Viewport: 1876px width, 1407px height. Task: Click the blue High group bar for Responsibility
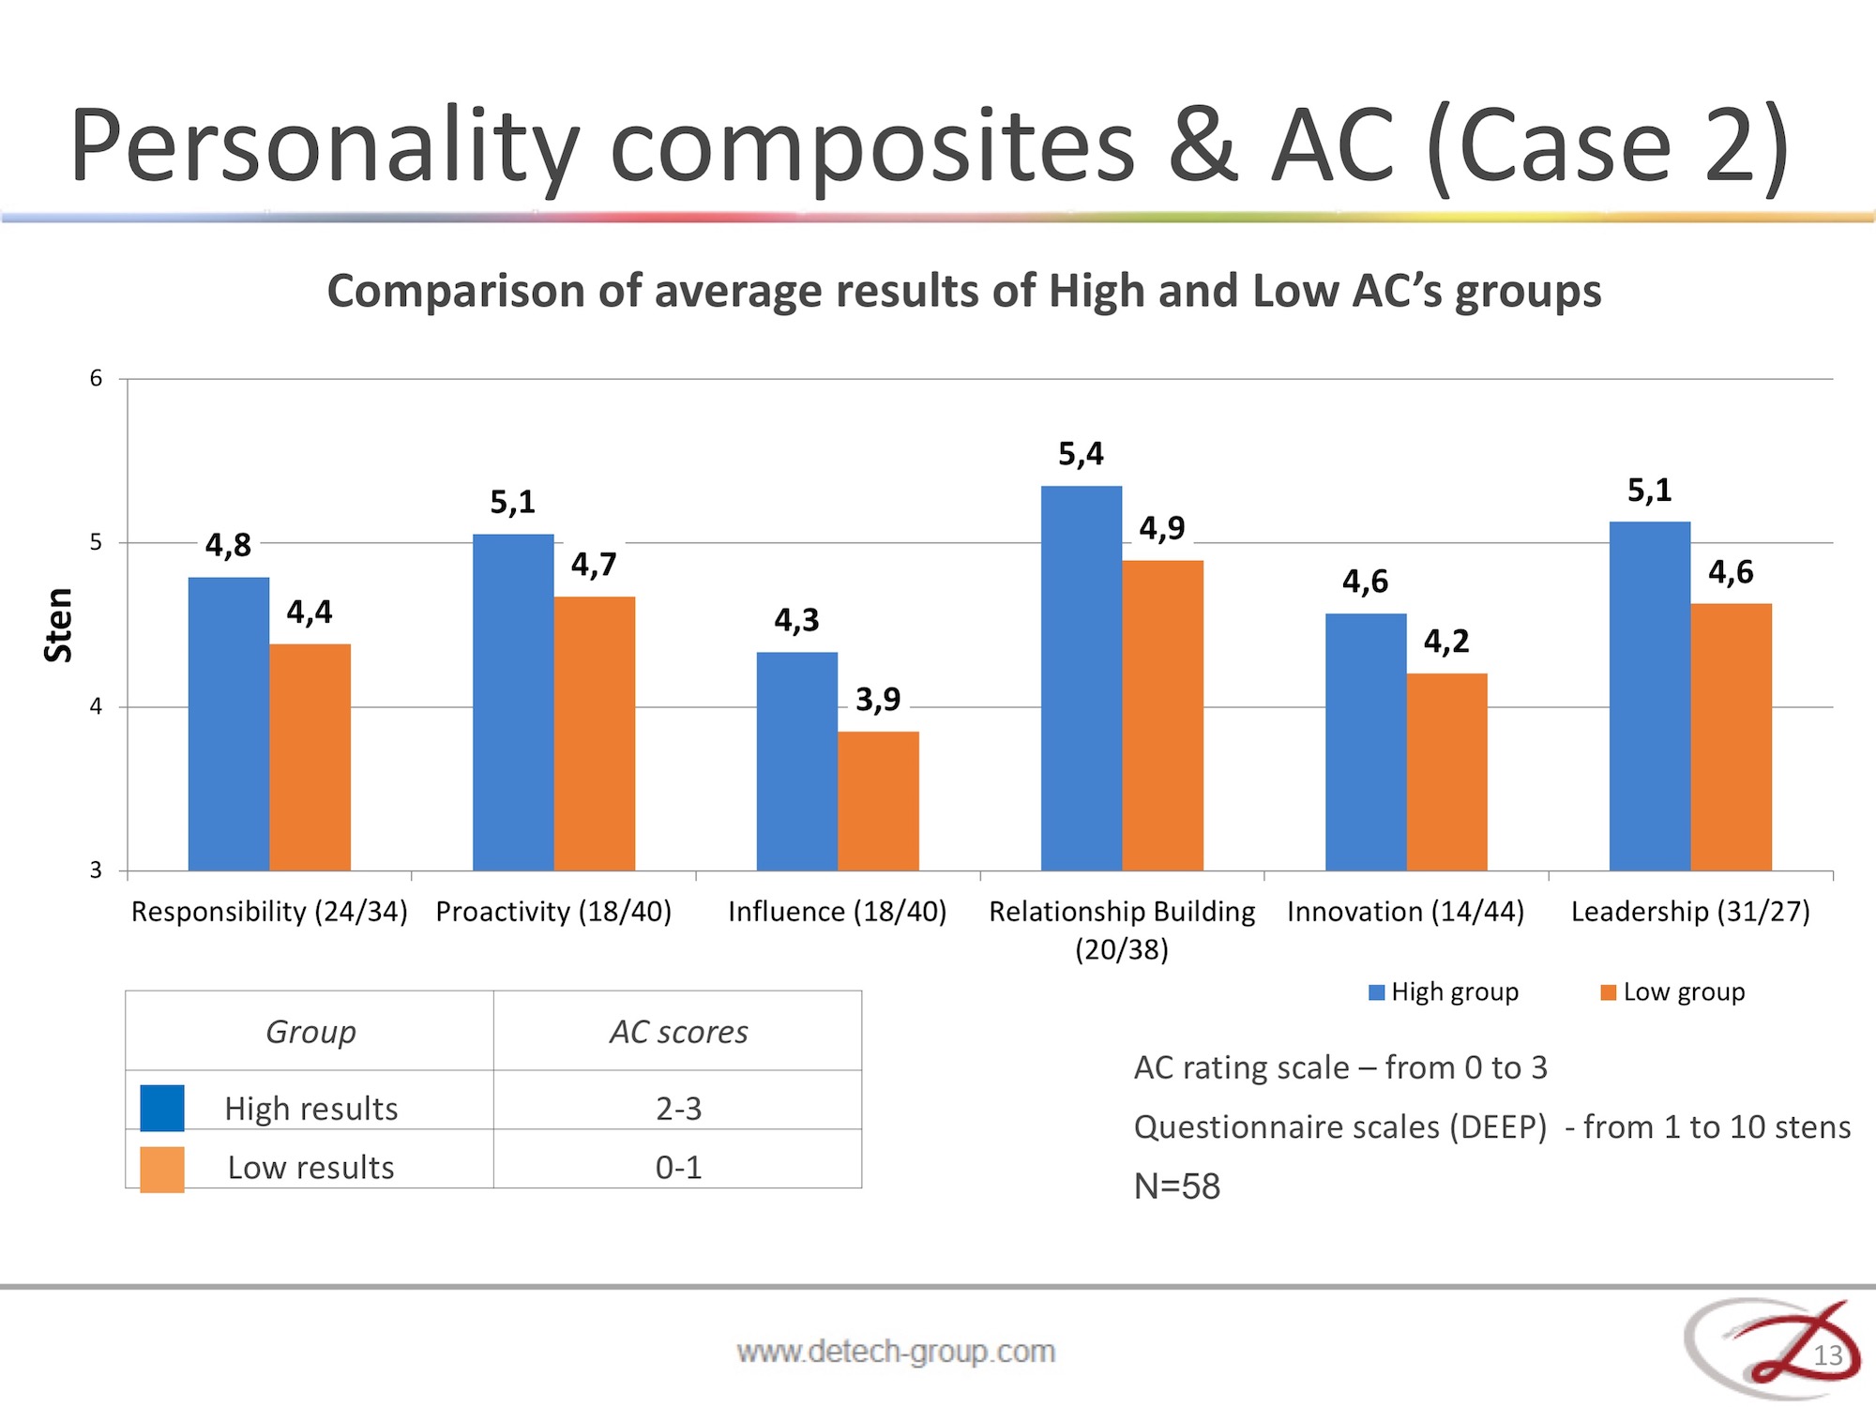point(229,724)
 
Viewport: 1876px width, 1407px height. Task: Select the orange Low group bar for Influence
point(879,801)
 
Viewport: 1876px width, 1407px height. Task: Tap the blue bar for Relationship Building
point(1082,678)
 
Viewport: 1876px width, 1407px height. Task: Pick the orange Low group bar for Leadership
point(1732,737)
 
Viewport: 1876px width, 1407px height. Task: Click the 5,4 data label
point(1082,454)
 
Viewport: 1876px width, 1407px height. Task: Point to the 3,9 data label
point(878,699)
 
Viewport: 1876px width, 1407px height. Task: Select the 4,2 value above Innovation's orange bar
point(1446,642)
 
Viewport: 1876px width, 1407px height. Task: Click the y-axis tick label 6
point(96,379)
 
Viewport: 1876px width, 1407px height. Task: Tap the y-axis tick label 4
point(96,706)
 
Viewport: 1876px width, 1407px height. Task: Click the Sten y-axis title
point(58,626)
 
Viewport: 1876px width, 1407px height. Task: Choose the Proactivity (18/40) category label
point(553,912)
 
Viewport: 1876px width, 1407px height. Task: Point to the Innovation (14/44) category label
point(1405,912)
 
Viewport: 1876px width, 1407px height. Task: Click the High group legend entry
point(1444,992)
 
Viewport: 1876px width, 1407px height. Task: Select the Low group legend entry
point(1672,992)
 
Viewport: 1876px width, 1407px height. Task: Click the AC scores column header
point(679,1032)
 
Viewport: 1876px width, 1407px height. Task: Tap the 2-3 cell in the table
point(678,1109)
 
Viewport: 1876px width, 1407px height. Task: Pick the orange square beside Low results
point(162,1170)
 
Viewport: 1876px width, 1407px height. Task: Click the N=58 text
point(1177,1187)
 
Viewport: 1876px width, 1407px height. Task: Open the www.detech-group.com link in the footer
point(896,1352)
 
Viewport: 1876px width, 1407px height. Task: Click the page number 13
point(1828,1355)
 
